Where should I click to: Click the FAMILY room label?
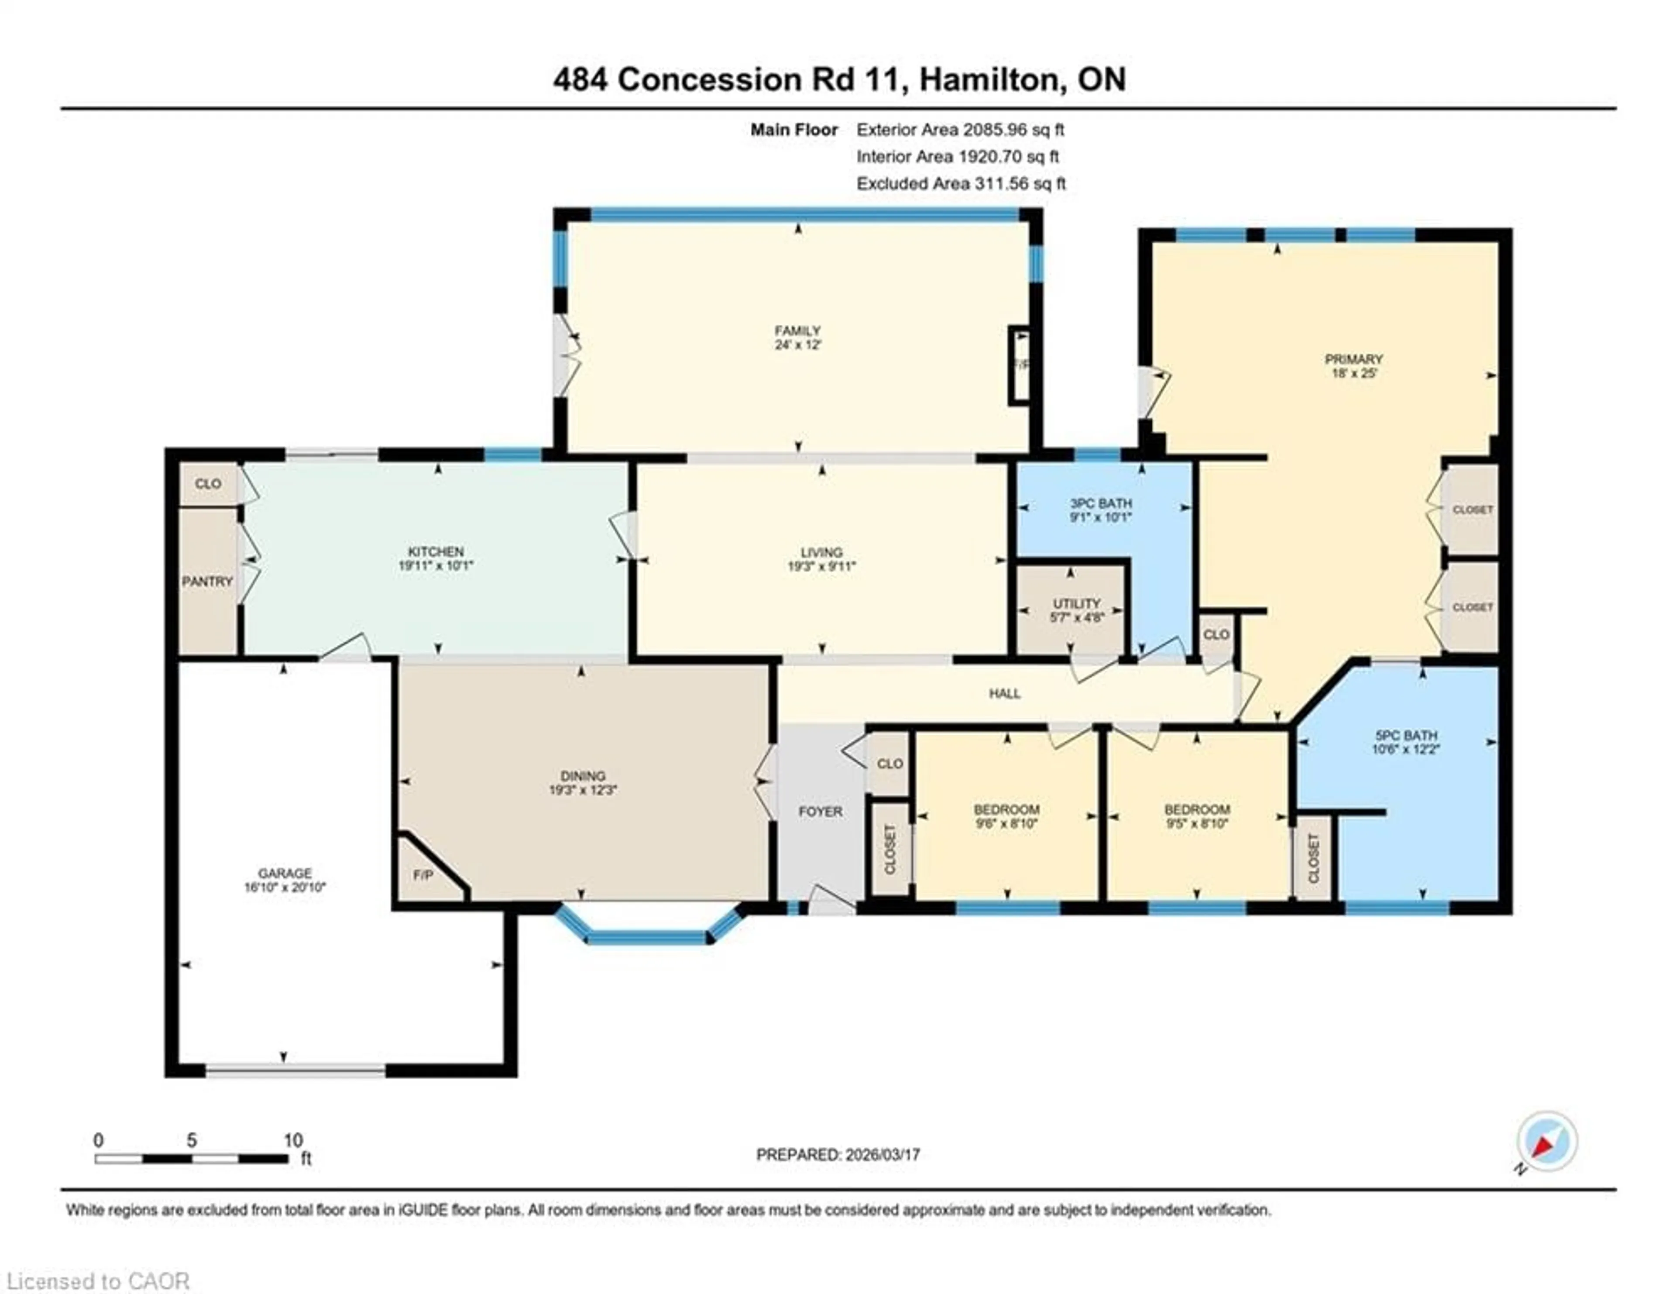click(797, 331)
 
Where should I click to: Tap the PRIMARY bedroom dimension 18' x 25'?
click(1354, 374)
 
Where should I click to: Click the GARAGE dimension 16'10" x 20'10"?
click(285, 887)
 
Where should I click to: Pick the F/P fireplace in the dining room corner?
click(424, 875)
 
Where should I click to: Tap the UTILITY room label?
click(1076, 603)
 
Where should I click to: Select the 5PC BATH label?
click(1406, 735)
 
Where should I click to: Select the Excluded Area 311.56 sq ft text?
click(960, 183)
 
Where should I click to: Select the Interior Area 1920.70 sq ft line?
click(957, 157)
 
